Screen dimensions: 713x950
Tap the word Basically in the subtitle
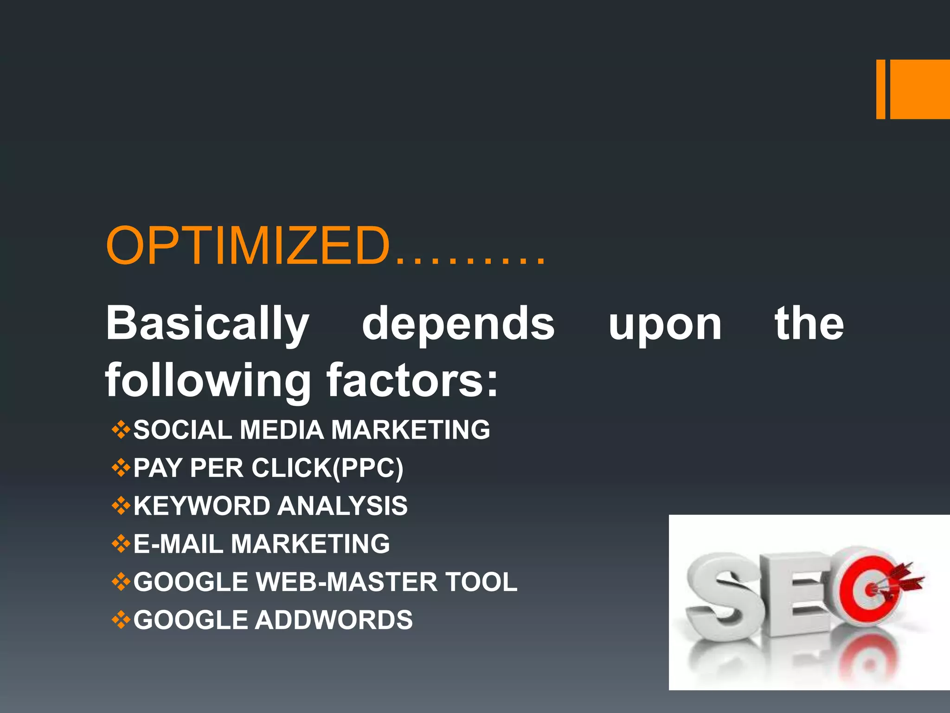click(x=207, y=324)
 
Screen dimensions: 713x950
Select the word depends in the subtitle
click(x=458, y=324)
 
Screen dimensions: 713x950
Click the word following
click(x=208, y=381)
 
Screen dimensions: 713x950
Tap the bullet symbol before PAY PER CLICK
click(x=121, y=468)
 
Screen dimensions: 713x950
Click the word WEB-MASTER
click(x=346, y=582)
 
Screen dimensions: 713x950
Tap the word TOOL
click(x=481, y=582)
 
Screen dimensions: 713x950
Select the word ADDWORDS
click(x=334, y=620)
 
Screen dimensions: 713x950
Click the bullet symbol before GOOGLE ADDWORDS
click(x=121, y=620)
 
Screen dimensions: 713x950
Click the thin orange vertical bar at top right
click(x=880, y=89)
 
